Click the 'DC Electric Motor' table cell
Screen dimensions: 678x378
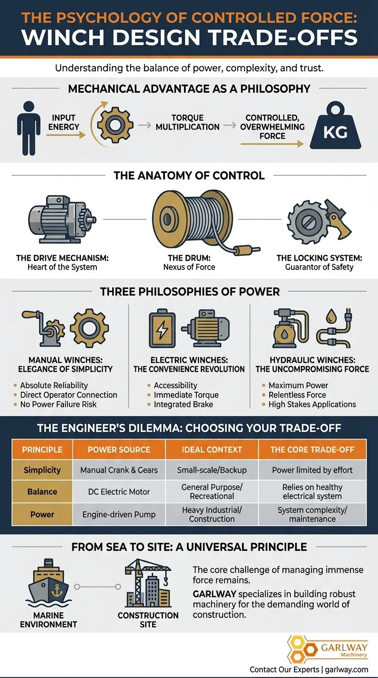coord(119,491)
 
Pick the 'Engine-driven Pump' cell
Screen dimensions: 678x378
coord(119,514)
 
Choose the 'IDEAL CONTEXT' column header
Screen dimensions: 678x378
coord(212,449)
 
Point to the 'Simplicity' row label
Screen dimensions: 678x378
coord(42,470)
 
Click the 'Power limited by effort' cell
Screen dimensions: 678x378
coord(312,470)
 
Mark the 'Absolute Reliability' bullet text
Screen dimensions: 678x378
coord(54,385)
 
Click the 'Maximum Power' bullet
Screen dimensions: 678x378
coord(298,385)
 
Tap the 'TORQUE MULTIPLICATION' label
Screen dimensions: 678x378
coord(188,122)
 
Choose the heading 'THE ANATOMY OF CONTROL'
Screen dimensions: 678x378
coord(189,175)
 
